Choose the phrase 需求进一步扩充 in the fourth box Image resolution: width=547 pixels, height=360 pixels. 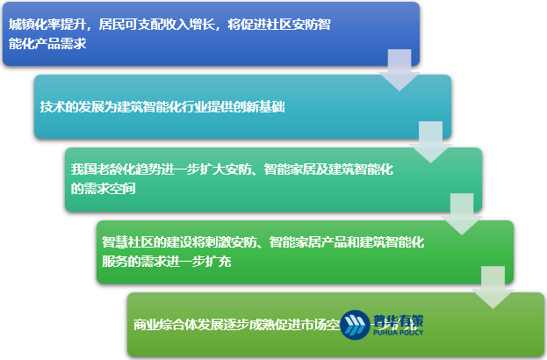[180, 261]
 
